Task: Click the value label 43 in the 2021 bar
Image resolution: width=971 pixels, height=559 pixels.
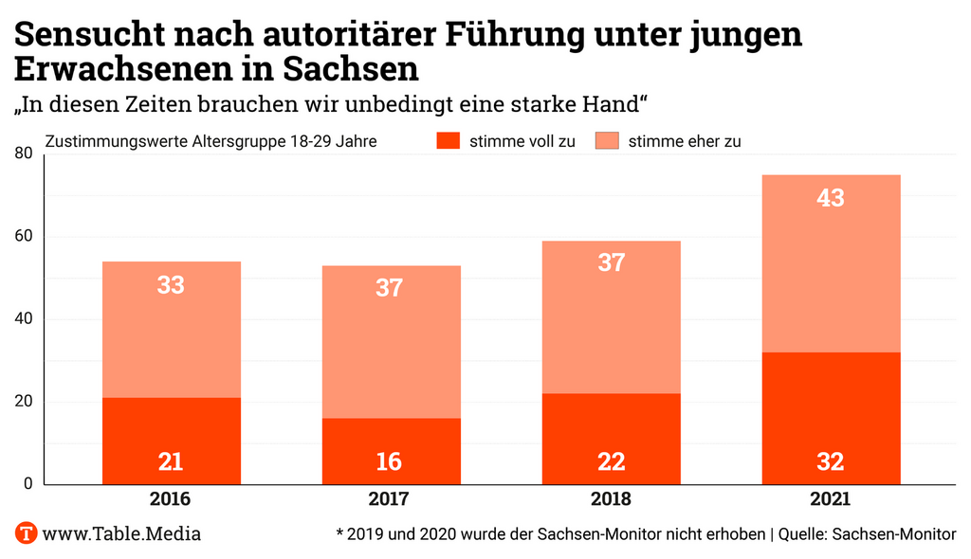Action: [831, 199]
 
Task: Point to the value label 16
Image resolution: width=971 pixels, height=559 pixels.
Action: [390, 461]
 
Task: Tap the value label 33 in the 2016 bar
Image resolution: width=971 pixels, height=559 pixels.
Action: [171, 284]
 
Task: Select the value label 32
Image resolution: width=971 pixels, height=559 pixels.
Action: [831, 461]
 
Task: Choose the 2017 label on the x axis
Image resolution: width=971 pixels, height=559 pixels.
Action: [390, 499]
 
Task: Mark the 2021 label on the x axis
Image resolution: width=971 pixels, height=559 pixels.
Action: [831, 499]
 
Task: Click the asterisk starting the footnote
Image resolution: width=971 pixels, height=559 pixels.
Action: [339, 532]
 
